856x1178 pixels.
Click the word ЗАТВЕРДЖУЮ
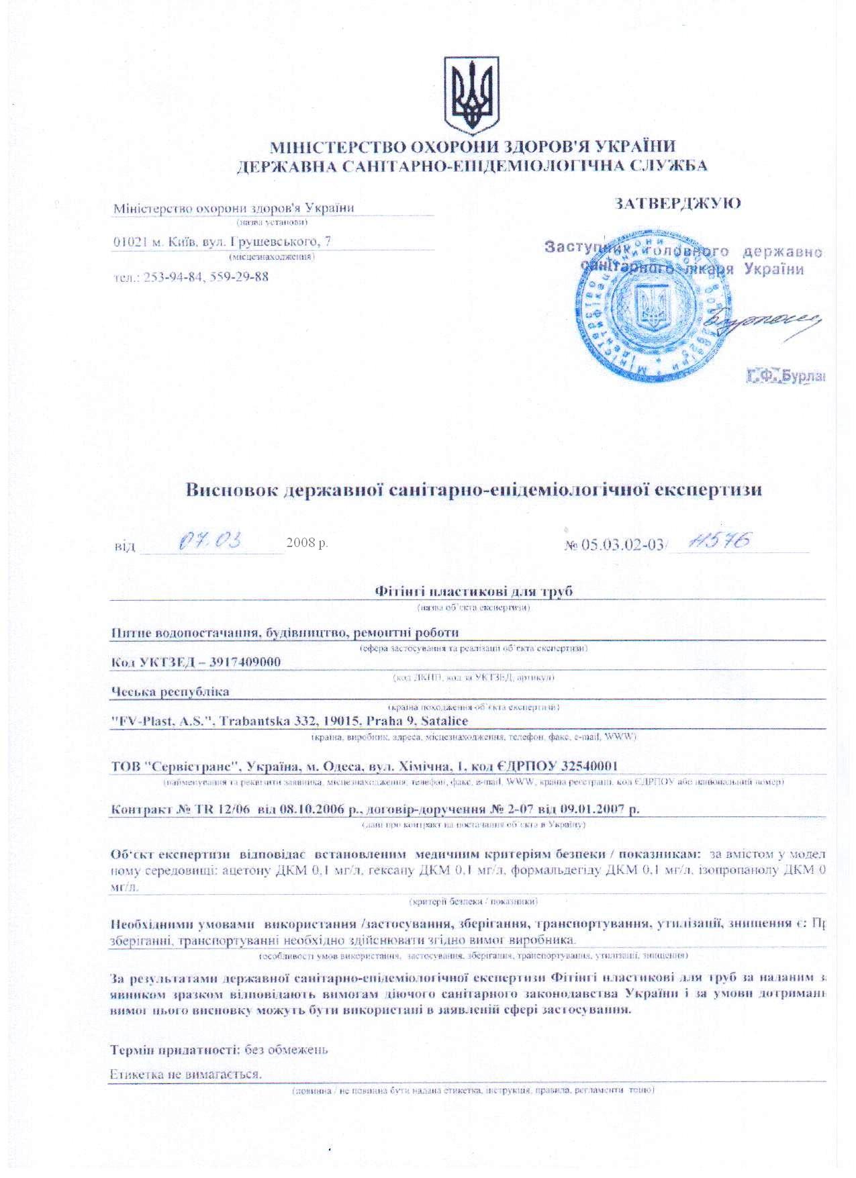pyautogui.click(x=678, y=203)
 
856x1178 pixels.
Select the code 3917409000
pyautogui.click(x=244, y=662)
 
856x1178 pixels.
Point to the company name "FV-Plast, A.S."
pyautogui.click(x=161, y=721)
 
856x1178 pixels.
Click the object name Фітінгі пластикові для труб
pyautogui.click(x=473, y=591)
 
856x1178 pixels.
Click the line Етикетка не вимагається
pyautogui.click(x=185, y=1074)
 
